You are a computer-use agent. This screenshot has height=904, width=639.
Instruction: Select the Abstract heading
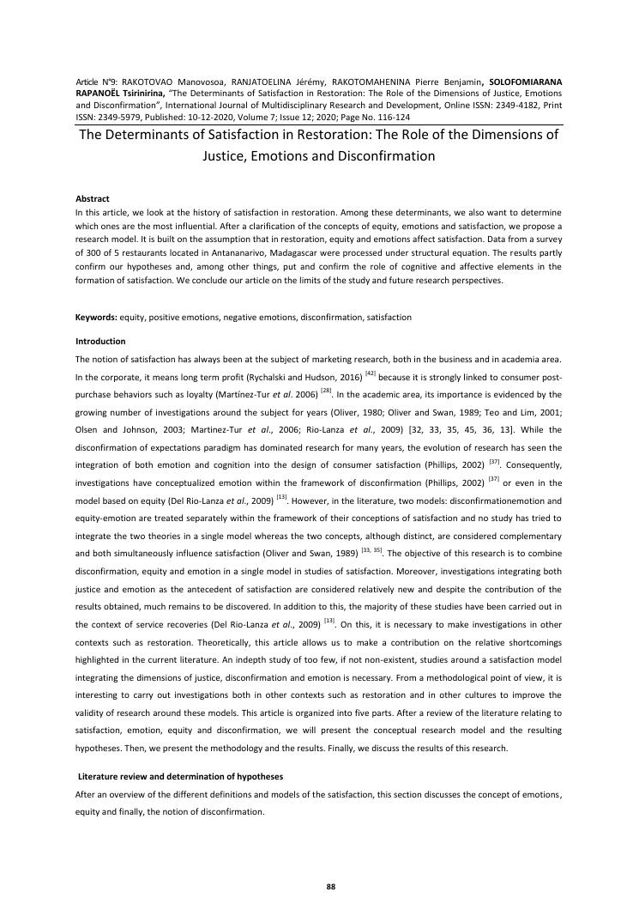[x=93, y=198]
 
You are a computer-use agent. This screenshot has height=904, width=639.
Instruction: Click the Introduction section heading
[x=100, y=341]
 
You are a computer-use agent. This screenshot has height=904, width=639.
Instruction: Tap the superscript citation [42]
[x=371, y=373]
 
